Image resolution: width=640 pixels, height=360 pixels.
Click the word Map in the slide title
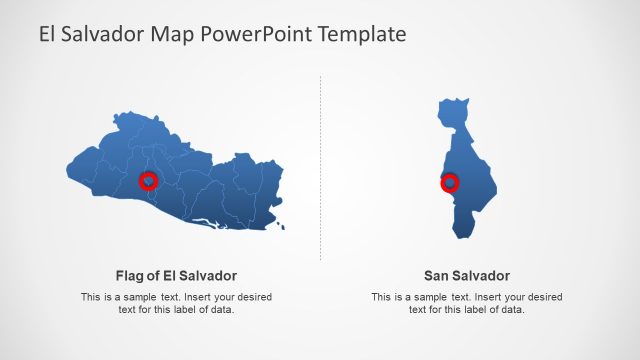point(172,34)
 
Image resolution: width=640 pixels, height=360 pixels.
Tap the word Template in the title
point(361,34)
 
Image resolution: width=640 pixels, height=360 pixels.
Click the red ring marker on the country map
point(148,181)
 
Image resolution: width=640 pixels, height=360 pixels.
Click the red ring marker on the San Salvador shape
point(450,182)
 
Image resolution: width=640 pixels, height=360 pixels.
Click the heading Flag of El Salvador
point(176,275)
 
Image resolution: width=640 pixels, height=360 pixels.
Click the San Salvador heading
point(467,275)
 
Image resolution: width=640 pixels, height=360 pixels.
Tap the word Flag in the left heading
point(131,275)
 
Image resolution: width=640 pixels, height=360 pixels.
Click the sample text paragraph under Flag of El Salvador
point(176,303)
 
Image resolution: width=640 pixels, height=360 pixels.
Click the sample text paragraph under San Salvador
point(467,303)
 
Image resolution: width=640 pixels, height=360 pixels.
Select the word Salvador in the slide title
point(103,34)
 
